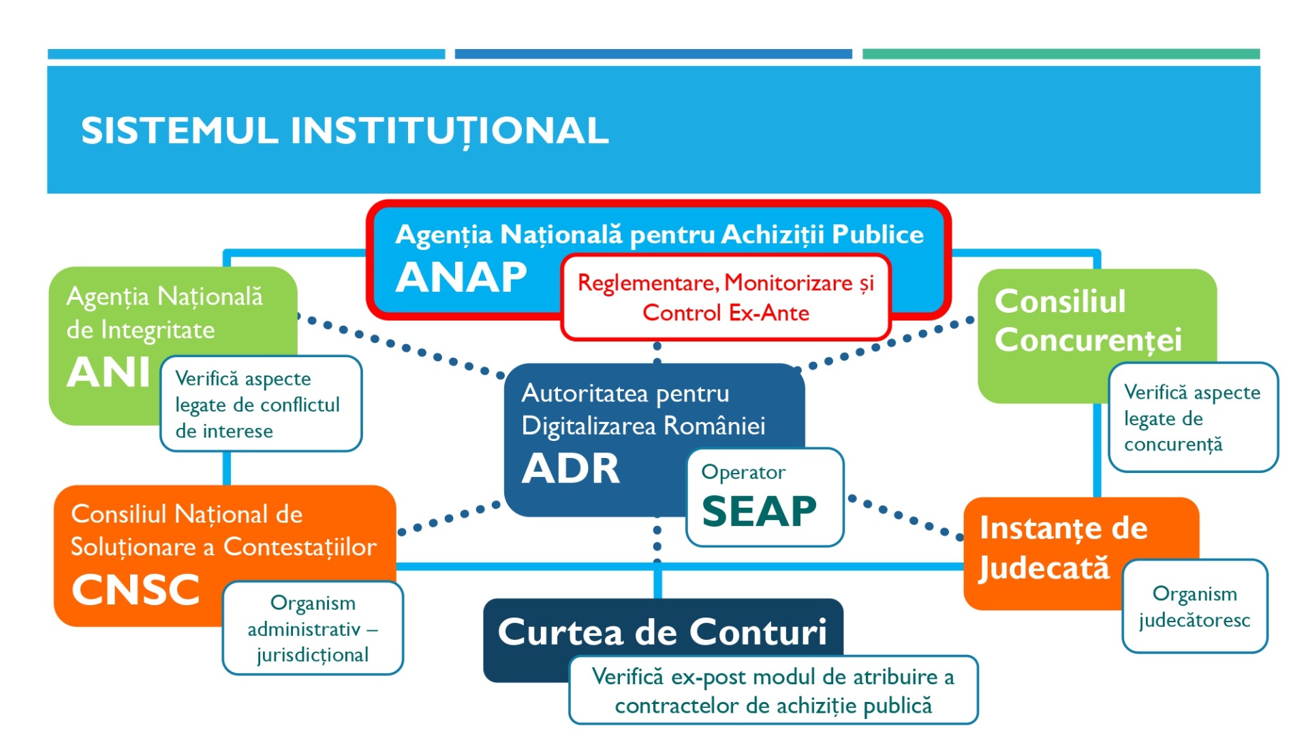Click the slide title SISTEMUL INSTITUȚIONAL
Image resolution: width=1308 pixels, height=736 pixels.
click(345, 131)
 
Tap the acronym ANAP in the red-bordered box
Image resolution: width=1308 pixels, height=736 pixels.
click(461, 277)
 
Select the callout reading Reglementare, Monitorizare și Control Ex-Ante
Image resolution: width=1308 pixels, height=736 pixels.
click(726, 297)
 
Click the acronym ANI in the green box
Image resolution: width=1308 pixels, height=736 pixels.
click(108, 373)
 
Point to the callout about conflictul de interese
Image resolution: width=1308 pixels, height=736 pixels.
click(261, 404)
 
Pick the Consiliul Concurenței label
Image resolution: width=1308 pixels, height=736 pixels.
click(1088, 320)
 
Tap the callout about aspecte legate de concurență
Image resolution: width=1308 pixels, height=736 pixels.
click(1193, 417)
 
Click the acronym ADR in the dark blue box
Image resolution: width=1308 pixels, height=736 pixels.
click(571, 469)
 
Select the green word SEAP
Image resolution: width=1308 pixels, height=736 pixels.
click(759, 511)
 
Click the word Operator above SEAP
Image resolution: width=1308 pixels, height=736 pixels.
click(743, 472)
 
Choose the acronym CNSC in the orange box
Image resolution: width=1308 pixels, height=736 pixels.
click(136, 589)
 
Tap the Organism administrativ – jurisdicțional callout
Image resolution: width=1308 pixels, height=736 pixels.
click(313, 628)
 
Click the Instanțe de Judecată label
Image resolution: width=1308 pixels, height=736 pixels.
click(1063, 548)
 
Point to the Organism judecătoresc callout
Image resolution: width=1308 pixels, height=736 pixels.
click(1195, 607)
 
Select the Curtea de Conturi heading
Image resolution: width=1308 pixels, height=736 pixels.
click(662, 632)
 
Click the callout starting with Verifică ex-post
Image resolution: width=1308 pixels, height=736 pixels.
click(773, 690)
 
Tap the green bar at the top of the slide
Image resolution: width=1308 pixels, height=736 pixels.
click(1061, 54)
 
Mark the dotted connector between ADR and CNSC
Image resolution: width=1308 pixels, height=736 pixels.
click(448, 519)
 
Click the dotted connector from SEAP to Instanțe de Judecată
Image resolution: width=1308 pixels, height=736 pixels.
click(905, 517)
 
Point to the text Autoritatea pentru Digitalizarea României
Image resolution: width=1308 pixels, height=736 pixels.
click(643, 410)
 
